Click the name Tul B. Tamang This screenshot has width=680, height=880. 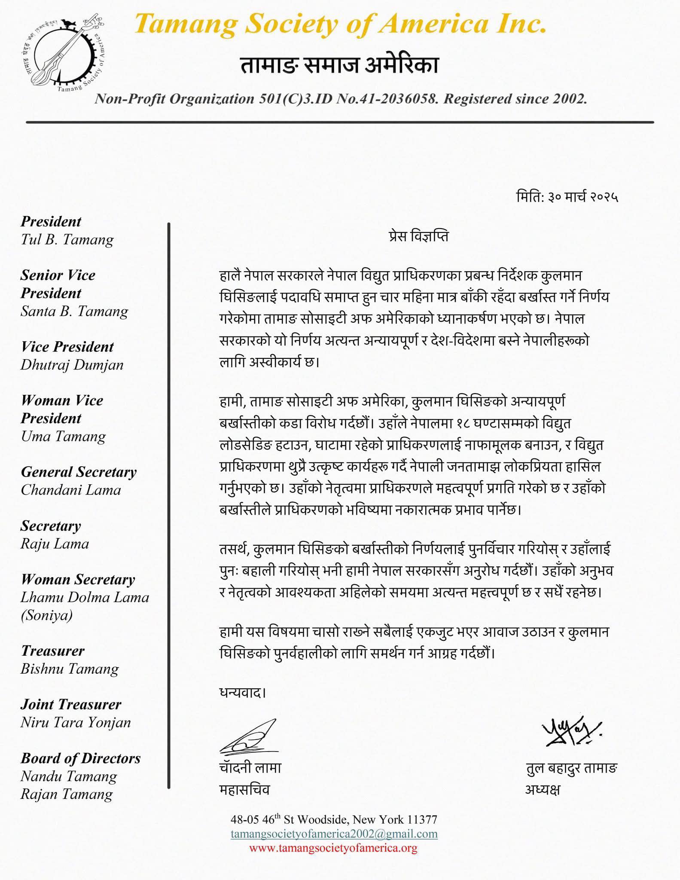(67, 240)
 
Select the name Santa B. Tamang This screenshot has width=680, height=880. (74, 311)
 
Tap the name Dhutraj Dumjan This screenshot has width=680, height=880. (72, 365)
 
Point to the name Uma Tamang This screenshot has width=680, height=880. (64, 437)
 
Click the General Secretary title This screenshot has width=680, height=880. (79, 472)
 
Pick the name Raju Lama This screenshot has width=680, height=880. (55, 544)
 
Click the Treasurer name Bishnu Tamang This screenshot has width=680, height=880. (70, 669)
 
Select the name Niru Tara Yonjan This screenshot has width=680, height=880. (76, 722)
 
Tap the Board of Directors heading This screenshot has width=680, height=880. (81, 758)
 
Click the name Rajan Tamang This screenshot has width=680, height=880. (67, 794)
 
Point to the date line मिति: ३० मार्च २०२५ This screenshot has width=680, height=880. (567, 197)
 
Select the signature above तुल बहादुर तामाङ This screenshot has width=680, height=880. (571, 731)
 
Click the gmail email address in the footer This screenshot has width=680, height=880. (334, 834)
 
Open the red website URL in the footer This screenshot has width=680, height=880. (333, 848)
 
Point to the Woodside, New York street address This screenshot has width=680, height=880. (334, 819)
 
